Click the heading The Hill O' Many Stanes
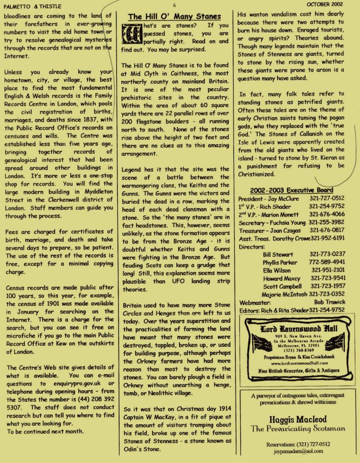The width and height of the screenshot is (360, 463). (174, 17)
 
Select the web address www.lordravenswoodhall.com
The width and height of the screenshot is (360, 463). (294, 363)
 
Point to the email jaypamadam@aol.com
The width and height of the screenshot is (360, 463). (295, 450)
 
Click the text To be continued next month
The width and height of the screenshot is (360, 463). (45, 431)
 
